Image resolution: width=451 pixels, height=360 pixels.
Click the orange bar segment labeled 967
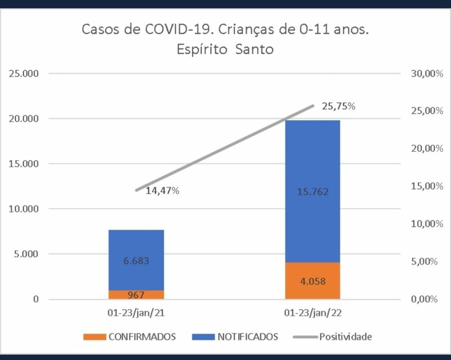[136, 294]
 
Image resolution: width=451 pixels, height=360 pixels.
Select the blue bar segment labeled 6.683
[136, 260]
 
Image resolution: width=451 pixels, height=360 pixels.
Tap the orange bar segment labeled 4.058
[312, 281]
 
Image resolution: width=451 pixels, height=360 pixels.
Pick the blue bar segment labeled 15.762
[312, 192]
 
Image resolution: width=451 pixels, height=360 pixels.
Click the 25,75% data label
[338, 106]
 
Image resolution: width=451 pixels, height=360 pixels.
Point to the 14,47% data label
[162, 191]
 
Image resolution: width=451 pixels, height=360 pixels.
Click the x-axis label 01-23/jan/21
[136, 314]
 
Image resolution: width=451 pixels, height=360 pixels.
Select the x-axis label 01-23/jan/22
[312, 314]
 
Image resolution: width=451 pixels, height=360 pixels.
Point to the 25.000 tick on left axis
[24, 73]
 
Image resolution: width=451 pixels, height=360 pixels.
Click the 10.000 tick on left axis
[24, 209]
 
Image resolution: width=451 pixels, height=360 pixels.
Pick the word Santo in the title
[254, 48]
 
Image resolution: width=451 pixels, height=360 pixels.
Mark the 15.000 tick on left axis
[24, 164]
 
